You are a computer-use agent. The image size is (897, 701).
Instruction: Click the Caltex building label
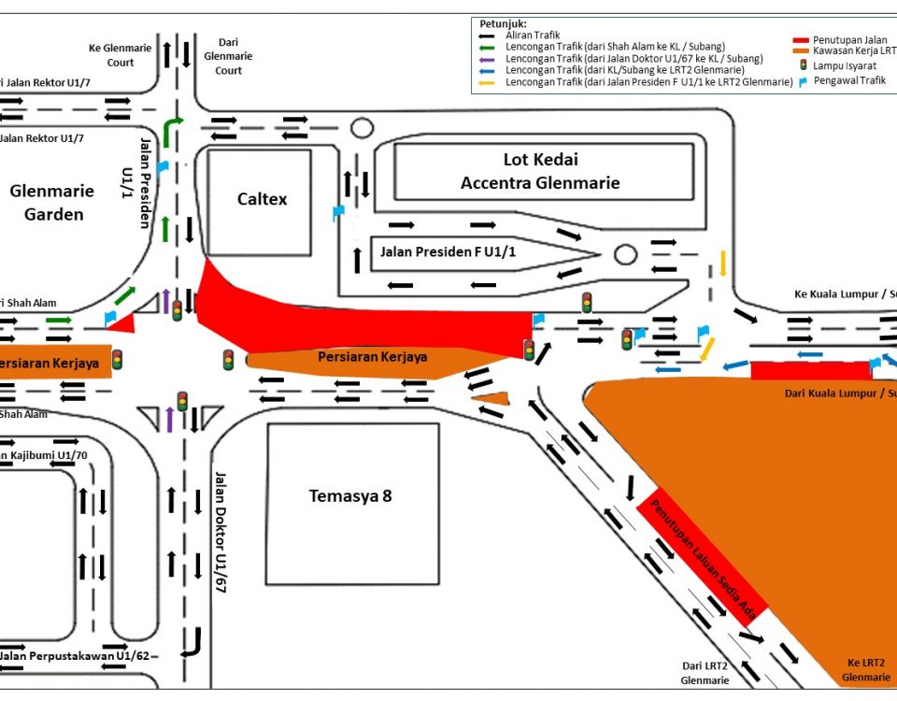(x=262, y=199)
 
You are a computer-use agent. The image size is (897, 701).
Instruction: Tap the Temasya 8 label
(x=350, y=496)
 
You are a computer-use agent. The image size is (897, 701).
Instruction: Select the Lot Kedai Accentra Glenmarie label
(x=540, y=171)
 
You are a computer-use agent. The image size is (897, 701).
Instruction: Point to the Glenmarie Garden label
(x=52, y=203)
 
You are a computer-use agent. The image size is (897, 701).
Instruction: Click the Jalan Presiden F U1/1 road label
(x=448, y=252)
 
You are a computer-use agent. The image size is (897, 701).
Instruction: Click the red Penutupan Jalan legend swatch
(x=812, y=40)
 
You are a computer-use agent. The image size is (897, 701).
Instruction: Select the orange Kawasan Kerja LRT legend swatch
(x=812, y=51)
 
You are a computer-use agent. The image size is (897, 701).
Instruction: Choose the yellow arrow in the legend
(x=491, y=83)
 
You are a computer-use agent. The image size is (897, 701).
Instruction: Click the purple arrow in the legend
(x=491, y=59)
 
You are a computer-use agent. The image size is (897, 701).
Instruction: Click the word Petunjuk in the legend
(x=503, y=23)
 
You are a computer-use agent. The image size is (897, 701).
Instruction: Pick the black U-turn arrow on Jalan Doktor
(x=194, y=643)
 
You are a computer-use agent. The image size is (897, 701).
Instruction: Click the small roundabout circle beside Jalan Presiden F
(x=625, y=254)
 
